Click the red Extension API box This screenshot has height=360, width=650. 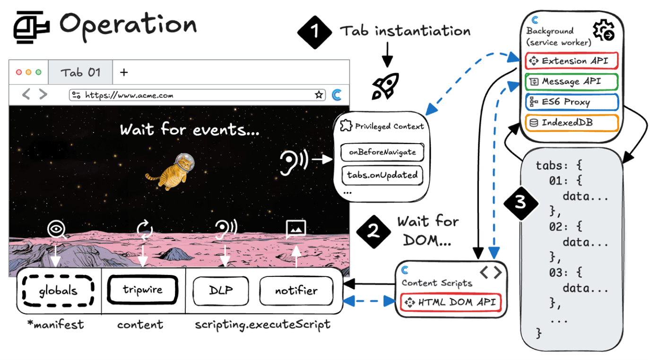pos(571,61)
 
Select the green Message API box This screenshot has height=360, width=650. pos(571,81)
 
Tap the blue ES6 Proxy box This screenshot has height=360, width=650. pos(571,102)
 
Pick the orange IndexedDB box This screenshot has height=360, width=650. pos(571,122)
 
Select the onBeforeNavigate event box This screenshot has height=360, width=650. pos(382,152)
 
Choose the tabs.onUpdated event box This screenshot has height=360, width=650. pos(382,175)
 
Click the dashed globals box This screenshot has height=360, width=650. pos(59,290)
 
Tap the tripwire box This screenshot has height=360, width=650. pos(142,289)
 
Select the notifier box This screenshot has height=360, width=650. pos(296,290)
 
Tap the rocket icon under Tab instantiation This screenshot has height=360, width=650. pos(385,86)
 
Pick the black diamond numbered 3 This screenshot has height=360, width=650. pos(520,202)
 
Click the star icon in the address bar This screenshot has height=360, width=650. pos(319,95)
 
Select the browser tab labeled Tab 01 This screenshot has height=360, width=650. pos(80,72)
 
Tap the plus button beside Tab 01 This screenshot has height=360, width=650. pos(124,72)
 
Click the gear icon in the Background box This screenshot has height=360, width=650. pos(604,31)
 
